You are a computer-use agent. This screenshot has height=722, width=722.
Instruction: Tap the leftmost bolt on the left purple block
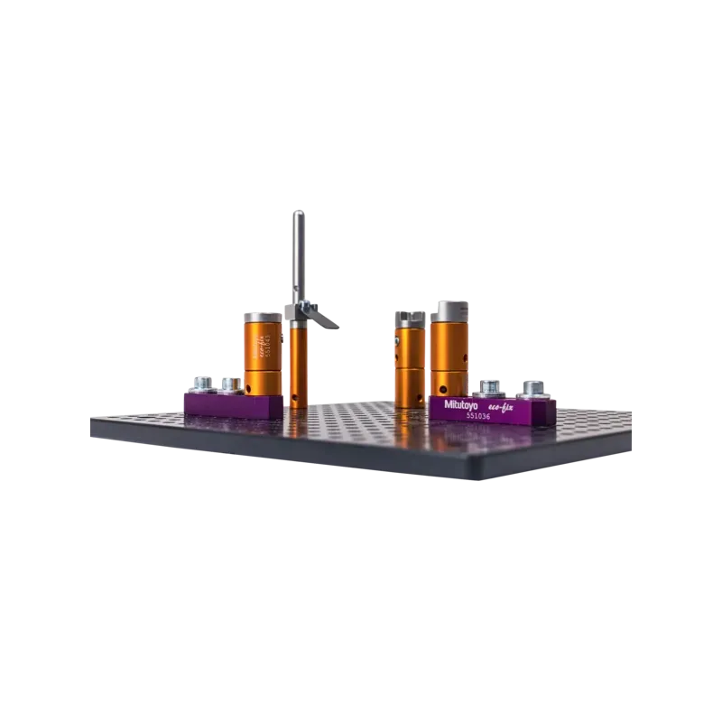coord(199,384)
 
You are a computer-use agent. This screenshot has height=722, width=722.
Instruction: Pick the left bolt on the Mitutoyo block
coord(488,388)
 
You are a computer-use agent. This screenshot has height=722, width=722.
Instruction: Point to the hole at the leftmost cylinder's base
coord(247,389)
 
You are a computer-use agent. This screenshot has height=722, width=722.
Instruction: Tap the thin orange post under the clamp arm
coord(298,361)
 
